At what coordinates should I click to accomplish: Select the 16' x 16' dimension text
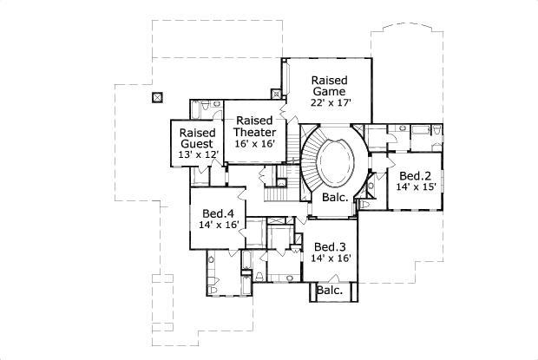254,144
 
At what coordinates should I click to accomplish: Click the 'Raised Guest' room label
197,139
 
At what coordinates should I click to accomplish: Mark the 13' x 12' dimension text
197,154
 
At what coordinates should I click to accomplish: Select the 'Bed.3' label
331,245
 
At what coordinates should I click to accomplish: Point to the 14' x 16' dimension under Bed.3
331,258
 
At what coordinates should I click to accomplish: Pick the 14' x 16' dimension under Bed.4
219,225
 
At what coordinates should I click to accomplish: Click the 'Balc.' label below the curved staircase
336,198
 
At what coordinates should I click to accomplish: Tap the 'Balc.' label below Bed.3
329,291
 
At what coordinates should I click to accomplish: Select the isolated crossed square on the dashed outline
157,96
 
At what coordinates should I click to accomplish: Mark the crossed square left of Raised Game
277,93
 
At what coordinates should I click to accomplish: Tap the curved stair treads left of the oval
308,165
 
